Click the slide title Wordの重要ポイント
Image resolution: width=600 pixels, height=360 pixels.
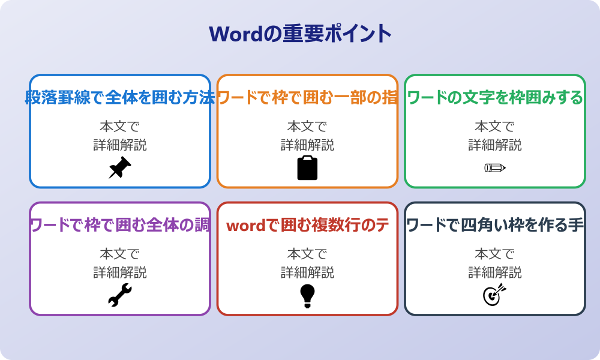pyautogui.click(x=300, y=34)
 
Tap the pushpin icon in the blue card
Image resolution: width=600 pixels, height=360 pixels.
pyautogui.click(x=119, y=168)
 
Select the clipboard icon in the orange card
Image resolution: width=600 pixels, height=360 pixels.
pyautogui.click(x=307, y=168)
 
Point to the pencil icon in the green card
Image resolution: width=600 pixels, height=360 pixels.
pyautogui.click(x=494, y=168)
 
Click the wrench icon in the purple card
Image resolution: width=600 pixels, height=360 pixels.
pyautogui.click(x=119, y=296)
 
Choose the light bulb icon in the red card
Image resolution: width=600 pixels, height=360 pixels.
pyautogui.click(x=307, y=296)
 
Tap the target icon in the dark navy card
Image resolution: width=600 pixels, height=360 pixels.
pyautogui.click(x=494, y=295)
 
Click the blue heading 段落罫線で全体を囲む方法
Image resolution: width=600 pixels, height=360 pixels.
pyautogui.click(x=119, y=97)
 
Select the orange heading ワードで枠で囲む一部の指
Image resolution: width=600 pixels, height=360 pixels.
pyautogui.click(x=307, y=97)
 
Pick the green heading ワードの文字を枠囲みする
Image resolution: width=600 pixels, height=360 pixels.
pyautogui.click(x=494, y=97)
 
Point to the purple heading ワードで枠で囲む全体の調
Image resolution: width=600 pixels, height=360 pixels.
pyautogui.click(x=119, y=225)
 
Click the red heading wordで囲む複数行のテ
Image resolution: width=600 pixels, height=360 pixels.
pyautogui.click(x=307, y=225)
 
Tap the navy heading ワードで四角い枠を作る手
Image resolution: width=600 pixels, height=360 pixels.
pyautogui.click(x=494, y=225)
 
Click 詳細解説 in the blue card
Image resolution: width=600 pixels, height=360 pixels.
pyautogui.click(x=119, y=145)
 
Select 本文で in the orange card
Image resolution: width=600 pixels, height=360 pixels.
pyautogui.click(x=307, y=127)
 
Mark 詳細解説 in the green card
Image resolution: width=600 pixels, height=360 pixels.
pyautogui.click(x=494, y=145)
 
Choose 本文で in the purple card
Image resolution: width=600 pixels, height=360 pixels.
pyautogui.click(x=119, y=254)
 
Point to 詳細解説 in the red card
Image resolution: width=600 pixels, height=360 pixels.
pyautogui.click(x=307, y=272)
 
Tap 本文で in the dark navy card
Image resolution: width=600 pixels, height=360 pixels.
pyautogui.click(x=494, y=254)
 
